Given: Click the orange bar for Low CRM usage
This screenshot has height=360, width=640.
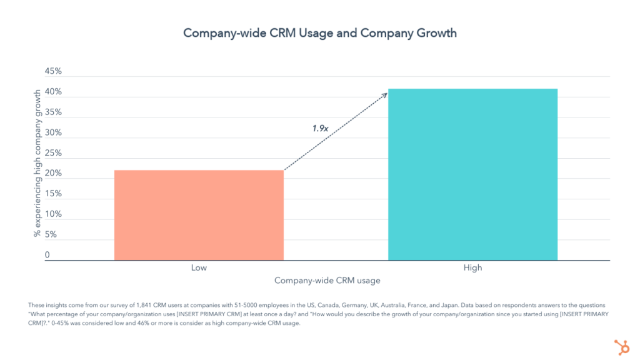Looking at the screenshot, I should tap(199, 215).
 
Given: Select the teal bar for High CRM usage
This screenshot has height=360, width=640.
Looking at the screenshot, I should tap(472, 174).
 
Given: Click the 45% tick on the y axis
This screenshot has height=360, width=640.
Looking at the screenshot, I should tap(53, 71).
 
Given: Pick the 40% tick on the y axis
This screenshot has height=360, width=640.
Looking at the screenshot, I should tap(53, 92).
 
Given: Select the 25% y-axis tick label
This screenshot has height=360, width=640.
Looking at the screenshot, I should tap(53, 153).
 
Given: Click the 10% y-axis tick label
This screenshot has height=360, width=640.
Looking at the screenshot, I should tap(53, 214).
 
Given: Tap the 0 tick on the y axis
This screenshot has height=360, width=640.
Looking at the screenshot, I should tap(47, 255).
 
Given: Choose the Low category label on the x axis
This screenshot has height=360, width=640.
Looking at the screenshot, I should tap(199, 268).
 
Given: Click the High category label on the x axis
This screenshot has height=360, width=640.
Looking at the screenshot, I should tap(472, 268).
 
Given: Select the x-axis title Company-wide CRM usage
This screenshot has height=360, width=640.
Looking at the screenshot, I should tap(327, 281).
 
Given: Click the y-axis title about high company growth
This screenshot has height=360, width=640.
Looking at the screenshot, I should tap(37, 162).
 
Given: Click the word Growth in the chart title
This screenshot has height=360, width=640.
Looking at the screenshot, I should tap(436, 32).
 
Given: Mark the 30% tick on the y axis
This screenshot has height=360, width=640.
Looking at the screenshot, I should tap(53, 132).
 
